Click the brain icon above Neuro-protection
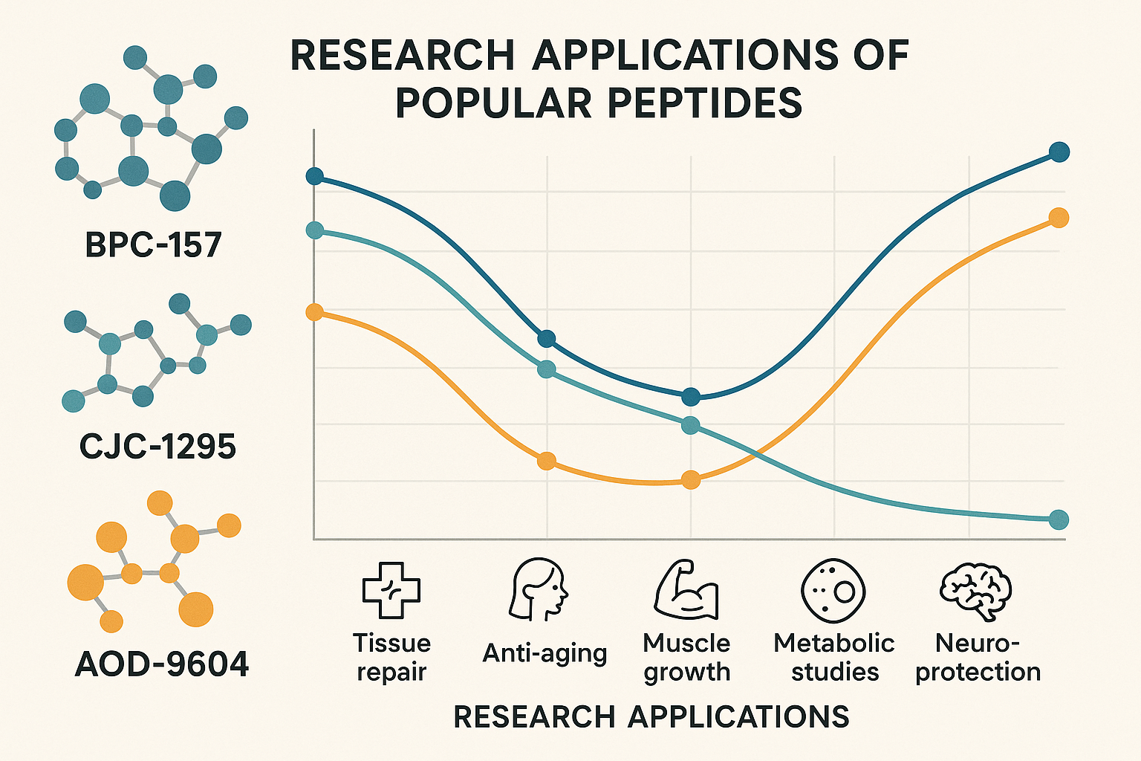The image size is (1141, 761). (975, 591)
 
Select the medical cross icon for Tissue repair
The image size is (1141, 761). (391, 590)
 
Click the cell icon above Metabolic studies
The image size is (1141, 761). (834, 591)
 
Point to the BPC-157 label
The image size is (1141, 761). (153, 245)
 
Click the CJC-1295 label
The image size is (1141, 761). (157, 447)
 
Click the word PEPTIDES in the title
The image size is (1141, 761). (705, 103)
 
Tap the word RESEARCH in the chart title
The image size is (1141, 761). (402, 55)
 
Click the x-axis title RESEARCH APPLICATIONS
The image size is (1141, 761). (651, 717)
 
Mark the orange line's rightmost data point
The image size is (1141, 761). (1059, 218)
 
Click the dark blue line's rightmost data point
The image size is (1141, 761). (1059, 152)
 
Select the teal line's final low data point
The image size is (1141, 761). (1059, 519)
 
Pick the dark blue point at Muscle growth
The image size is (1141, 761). (691, 397)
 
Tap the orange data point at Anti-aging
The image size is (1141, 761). (546, 461)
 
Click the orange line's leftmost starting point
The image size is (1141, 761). (315, 311)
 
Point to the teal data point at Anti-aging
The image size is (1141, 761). (546, 369)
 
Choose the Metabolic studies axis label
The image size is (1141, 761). (834, 657)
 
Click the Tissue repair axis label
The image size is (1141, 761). (391, 657)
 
